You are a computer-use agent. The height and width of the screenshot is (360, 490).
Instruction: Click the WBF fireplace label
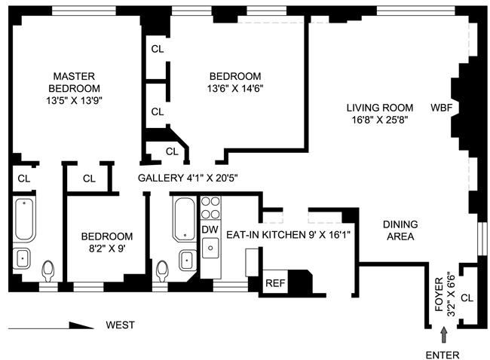click(x=441, y=108)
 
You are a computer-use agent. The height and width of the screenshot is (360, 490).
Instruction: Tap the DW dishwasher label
click(x=210, y=230)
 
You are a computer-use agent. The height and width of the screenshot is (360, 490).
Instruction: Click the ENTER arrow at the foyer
click(x=444, y=334)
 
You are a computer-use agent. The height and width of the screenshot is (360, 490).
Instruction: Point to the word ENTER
click(x=443, y=355)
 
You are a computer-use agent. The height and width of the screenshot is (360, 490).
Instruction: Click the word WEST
click(x=121, y=325)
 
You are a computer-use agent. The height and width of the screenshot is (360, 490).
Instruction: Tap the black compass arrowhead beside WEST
click(x=81, y=325)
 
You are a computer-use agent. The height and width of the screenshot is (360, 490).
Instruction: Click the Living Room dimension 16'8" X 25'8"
click(x=380, y=120)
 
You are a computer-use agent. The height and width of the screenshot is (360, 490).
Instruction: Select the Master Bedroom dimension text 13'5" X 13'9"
click(x=75, y=100)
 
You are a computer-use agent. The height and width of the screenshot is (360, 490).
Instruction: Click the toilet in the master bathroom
click(x=47, y=271)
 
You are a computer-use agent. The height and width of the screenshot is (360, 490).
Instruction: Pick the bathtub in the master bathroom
click(x=24, y=219)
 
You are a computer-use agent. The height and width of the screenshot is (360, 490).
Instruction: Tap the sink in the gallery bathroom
click(x=188, y=260)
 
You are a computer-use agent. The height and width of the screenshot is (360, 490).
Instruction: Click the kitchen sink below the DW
click(x=210, y=248)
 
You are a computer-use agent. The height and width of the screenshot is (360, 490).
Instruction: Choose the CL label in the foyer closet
click(x=467, y=298)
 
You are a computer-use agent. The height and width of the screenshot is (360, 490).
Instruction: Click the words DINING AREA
click(x=400, y=230)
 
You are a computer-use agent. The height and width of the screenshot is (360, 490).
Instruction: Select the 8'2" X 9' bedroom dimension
click(x=107, y=249)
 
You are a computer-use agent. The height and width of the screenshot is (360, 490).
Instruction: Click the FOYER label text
click(x=439, y=294)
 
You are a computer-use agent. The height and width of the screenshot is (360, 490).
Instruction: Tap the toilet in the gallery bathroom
click(x=162, y=271)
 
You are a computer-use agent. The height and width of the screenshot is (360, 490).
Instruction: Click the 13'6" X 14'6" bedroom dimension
click(x=235, y=88)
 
